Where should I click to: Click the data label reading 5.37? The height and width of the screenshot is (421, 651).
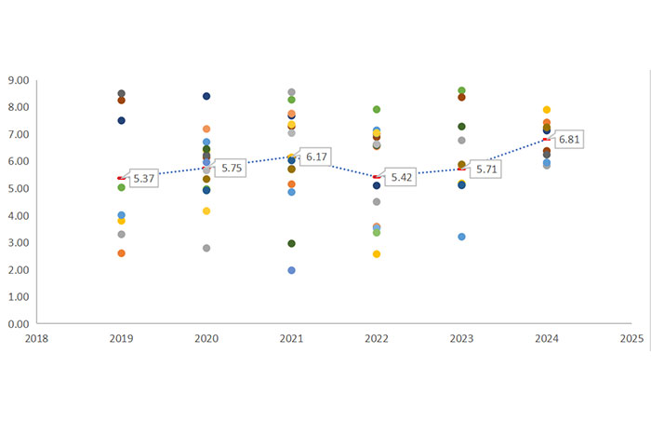pos(143,178)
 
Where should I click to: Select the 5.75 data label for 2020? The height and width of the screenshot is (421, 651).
pos(228,169)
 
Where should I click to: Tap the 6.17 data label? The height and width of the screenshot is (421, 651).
pos(318,156)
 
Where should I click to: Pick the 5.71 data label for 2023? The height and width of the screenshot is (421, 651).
pos(486,170)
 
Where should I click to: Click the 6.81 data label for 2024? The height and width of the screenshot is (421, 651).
pos(572,140)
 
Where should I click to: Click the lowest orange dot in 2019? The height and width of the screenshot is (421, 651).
pos(121,253)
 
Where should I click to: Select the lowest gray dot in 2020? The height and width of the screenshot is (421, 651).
pos(206,248)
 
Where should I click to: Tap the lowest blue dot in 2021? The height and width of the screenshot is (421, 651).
pos(291,270)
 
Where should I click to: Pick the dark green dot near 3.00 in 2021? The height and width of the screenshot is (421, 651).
pos(291,243)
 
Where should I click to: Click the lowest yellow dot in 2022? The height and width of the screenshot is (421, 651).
pos(377,253)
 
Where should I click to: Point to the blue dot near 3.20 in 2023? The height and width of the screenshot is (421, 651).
pos(461,237)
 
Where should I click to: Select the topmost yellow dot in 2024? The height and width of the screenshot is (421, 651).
pos(547,110)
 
